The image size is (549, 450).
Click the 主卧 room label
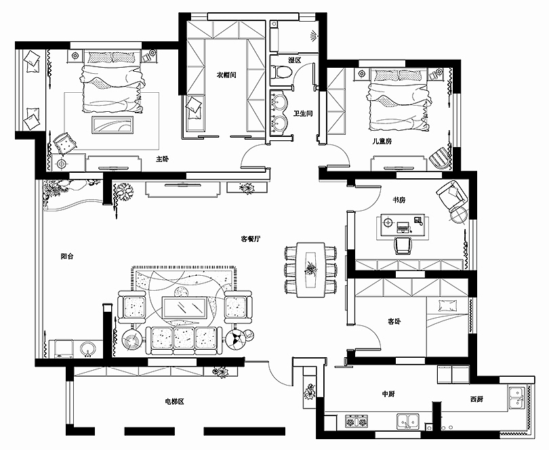[163, 159]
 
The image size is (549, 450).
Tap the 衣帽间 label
[226, 75]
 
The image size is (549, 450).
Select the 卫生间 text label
[303, 113]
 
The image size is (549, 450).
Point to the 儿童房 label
[382, 142]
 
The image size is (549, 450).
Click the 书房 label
[399, 200]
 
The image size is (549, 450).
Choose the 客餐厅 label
[251, 239]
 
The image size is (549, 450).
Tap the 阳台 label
[67, 256]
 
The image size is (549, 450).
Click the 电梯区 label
[174, 402]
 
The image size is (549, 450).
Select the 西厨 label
[477, 399]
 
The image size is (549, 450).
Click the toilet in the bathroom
[281, 71]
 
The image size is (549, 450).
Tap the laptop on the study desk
[403, 227]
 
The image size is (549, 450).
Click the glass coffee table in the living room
[184, 308]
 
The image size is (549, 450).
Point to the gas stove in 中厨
[357, 421]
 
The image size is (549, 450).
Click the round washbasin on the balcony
[88, 349]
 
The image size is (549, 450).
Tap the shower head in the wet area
[313, 36]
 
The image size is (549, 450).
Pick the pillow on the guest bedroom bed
[448, 306]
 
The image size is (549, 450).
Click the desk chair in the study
[403, 245]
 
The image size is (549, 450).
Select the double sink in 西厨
[517, 398]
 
